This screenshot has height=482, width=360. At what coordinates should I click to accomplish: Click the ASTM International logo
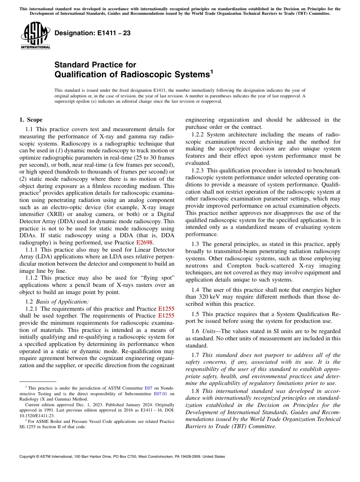pyautogui.click(x=35, y=36)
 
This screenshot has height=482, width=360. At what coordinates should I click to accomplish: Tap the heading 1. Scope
pyautogui.click(x=31, y=120)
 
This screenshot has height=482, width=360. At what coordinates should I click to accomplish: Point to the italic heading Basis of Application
pyautogui.click(x=62, y=302)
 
